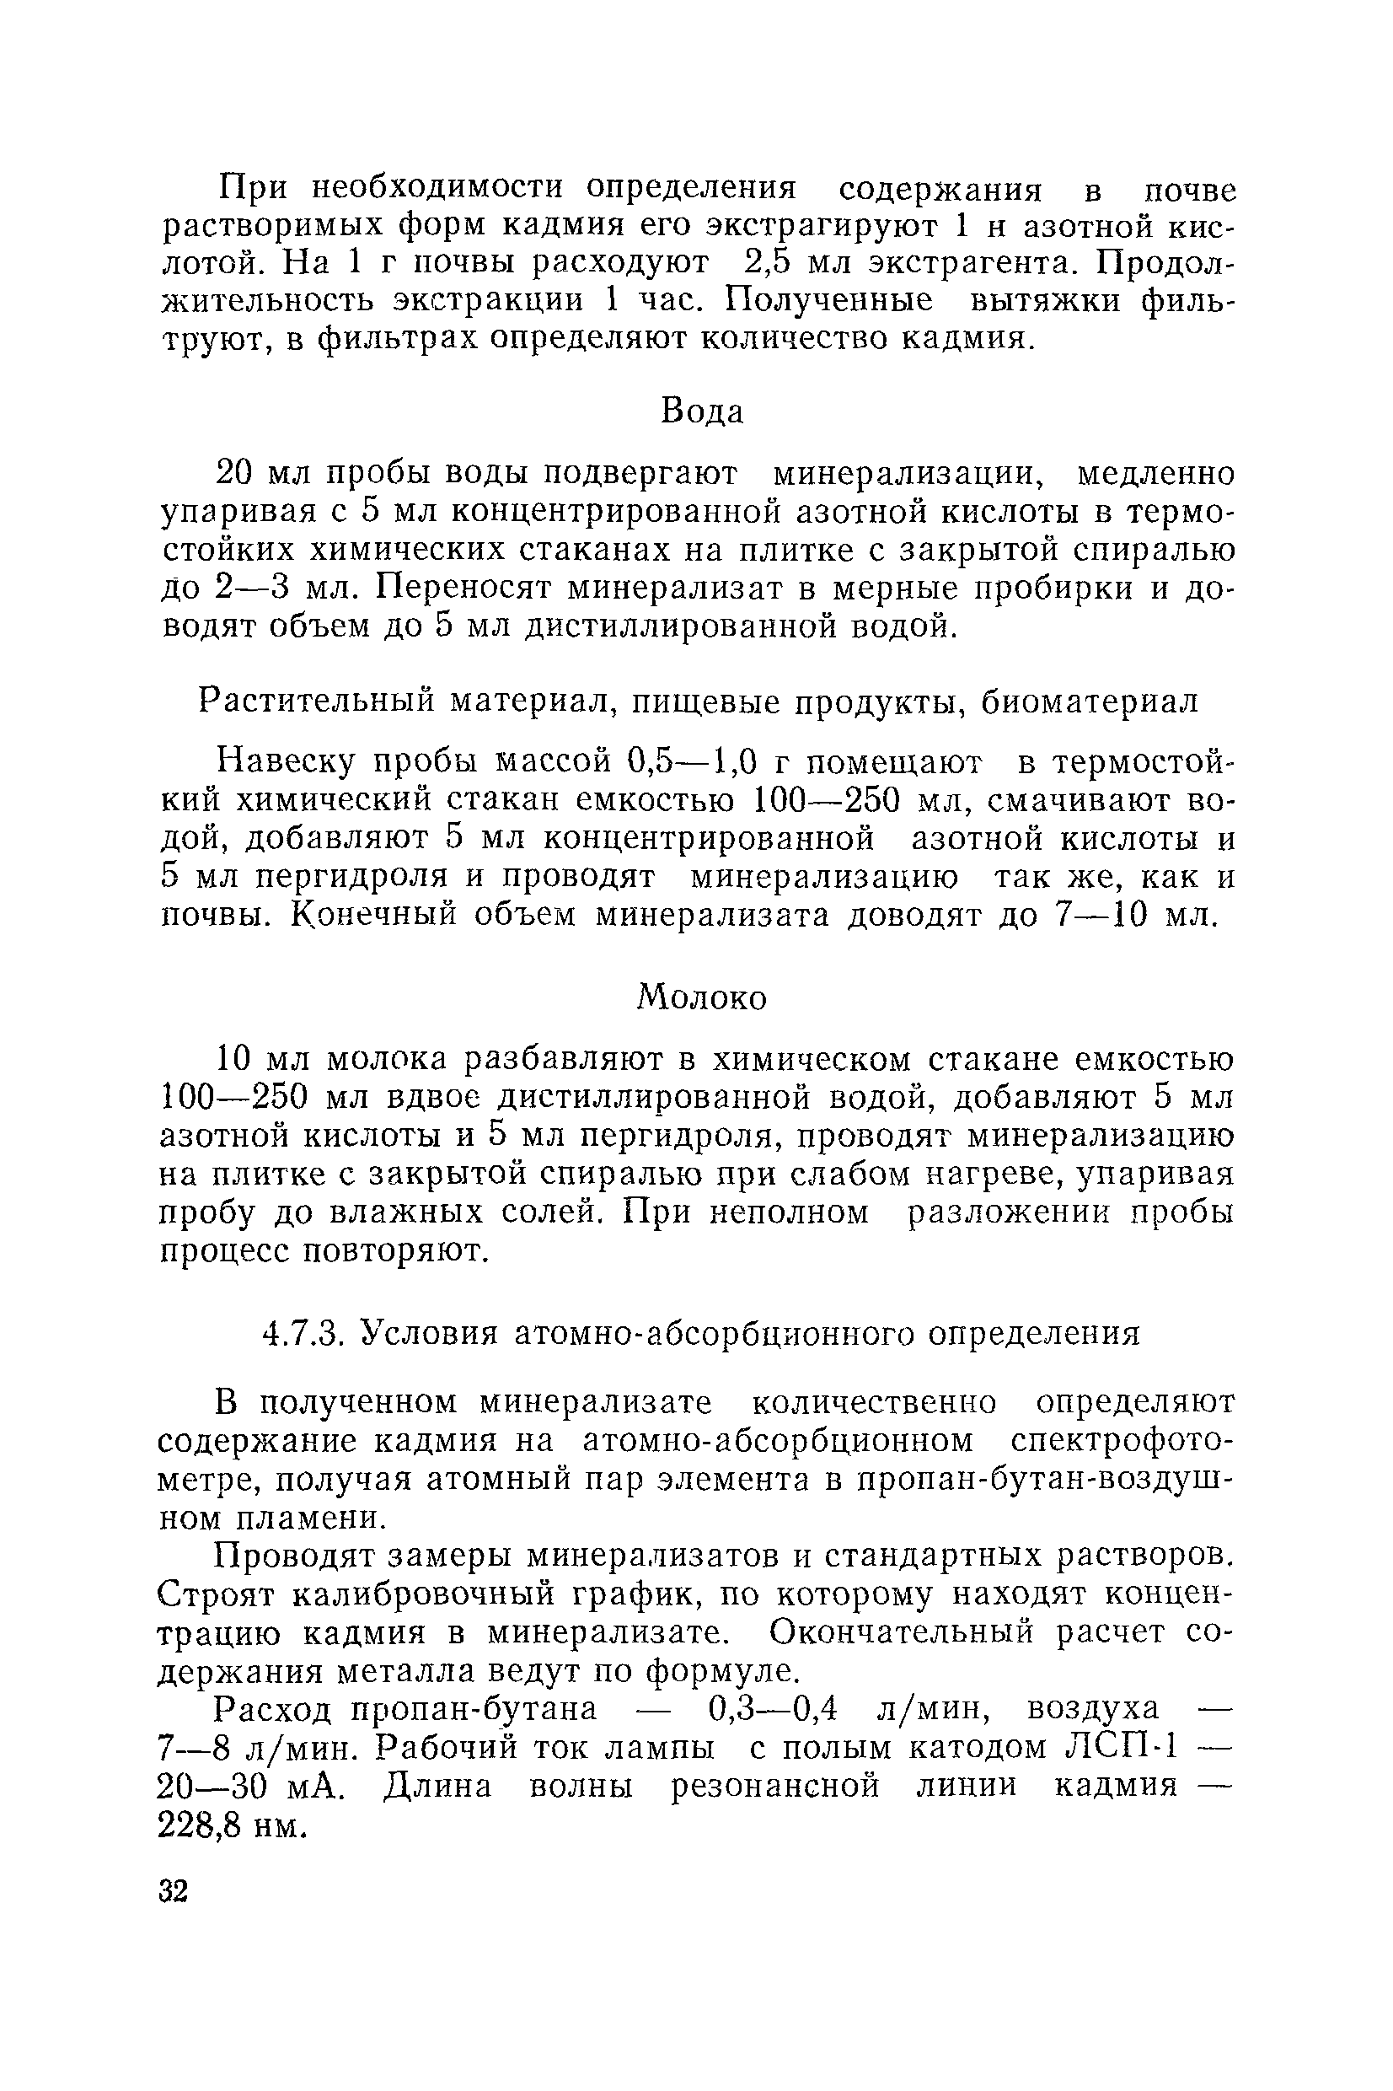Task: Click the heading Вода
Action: click(x=702, y=411)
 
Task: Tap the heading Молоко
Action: click(x=702, y=998)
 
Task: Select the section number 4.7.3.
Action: click(x=303, y=1333)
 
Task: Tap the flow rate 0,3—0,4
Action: click(x=773, y=1709)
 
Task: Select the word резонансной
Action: click(x=774, y=1786)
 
